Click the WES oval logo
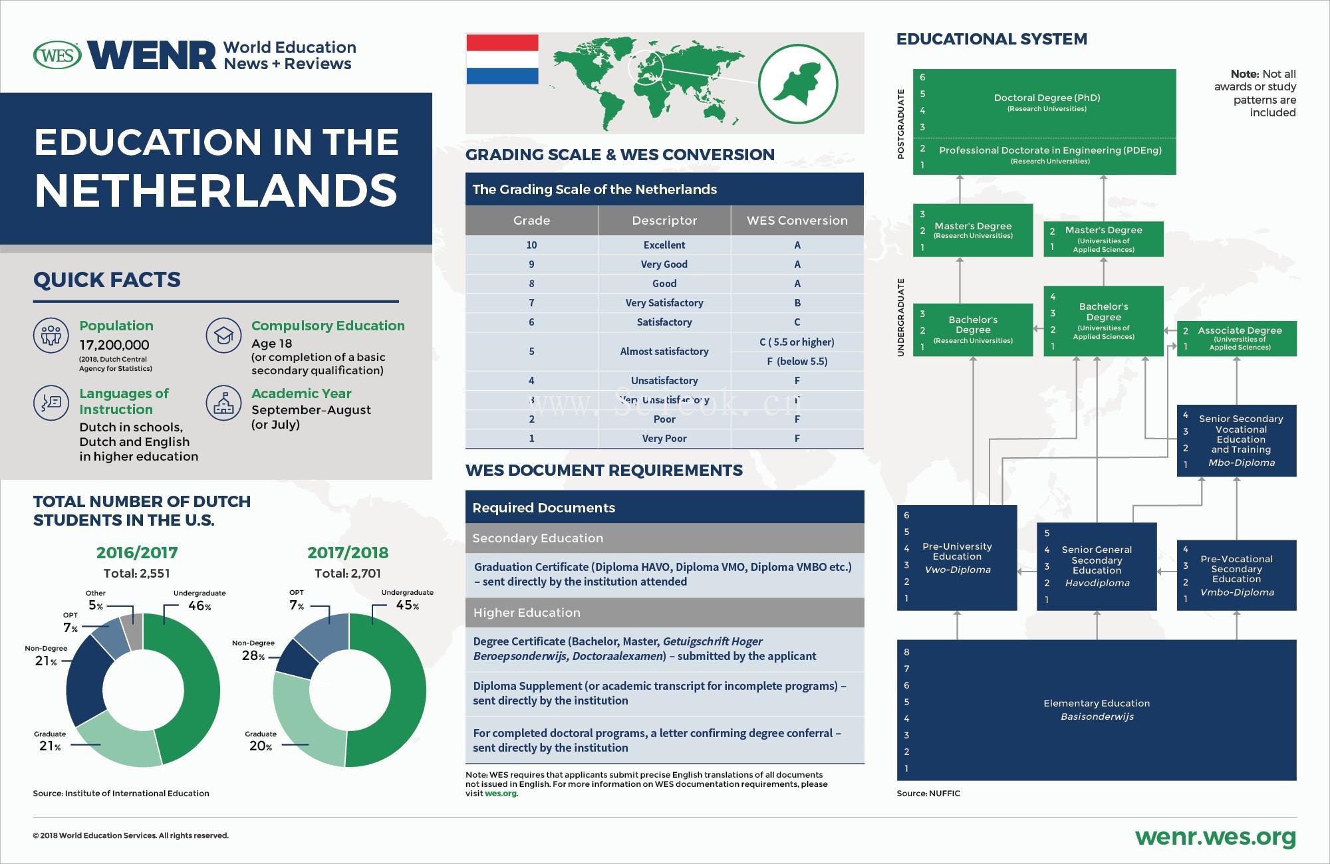57,55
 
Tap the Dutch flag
502,60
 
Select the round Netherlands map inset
798,84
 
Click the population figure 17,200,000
114,345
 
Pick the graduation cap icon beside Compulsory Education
223,335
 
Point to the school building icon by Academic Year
223,402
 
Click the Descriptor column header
664,221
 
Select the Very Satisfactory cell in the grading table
664,303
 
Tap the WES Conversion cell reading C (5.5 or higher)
797,342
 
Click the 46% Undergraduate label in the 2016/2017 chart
199,605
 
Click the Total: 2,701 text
347,573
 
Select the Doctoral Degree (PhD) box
1047,102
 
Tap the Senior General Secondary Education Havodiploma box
1097,566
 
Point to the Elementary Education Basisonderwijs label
1097,710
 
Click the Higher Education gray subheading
527,613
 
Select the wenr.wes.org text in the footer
1215,837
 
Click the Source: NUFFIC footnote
928,793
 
